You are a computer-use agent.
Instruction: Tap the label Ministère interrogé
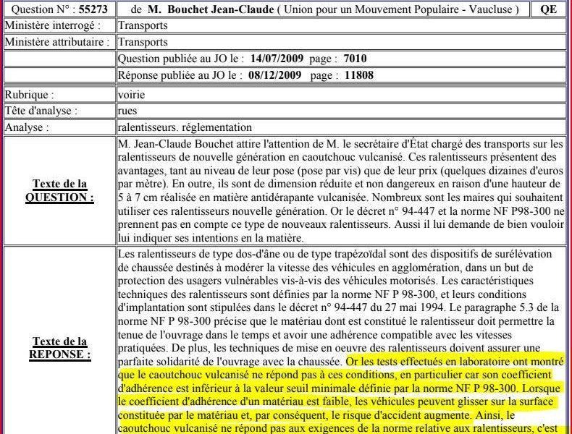point(53,26)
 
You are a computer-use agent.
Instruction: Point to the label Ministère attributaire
point(59,42)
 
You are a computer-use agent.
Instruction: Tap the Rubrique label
point(30,95)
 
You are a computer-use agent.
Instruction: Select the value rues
point(127,111)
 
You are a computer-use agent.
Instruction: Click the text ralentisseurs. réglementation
point(185,127)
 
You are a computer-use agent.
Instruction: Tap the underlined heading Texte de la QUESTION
point(59,191)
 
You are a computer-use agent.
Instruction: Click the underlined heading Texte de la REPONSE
point(59,348)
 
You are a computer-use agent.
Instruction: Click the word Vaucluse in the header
point(492,10)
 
